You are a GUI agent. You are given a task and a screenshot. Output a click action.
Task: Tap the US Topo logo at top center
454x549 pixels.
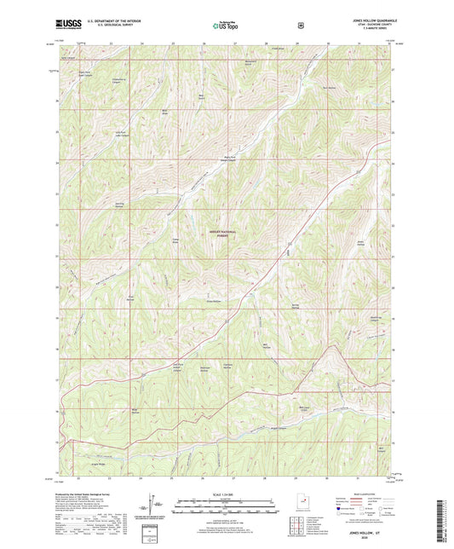[227, 26]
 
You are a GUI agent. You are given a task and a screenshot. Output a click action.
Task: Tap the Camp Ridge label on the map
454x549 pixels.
[175, 241]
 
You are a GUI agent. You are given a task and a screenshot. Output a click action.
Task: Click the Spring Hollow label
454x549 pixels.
[296, 306]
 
